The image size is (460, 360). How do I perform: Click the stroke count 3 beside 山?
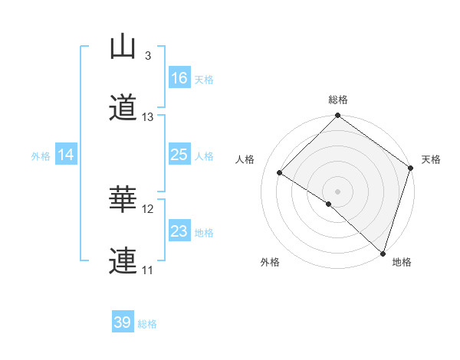[x=148, y=56]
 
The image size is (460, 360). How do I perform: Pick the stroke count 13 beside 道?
[x=148, y=117]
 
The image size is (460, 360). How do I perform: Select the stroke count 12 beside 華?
[x=148, y=209]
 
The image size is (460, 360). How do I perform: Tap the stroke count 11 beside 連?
[x=148, y=270]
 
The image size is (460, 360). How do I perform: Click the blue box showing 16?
[x=179, y=78]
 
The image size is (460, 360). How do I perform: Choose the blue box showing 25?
[x=179, y=155]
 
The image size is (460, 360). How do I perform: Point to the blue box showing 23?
[x=179, y=231]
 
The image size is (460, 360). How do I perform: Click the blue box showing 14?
[x=66, y=155]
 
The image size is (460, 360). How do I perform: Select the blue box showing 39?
[x=123, y=322]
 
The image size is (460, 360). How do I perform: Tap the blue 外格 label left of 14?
[x=41, y=155]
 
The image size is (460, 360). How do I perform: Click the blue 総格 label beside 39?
[x=147, y=324]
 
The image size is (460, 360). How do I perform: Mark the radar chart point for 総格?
[x=337, y=116]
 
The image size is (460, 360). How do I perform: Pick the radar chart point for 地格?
[x=383, y=253]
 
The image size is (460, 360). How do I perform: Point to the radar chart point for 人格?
[x=280, y=172]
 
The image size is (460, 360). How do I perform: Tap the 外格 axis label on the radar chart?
[x=271, y=263]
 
